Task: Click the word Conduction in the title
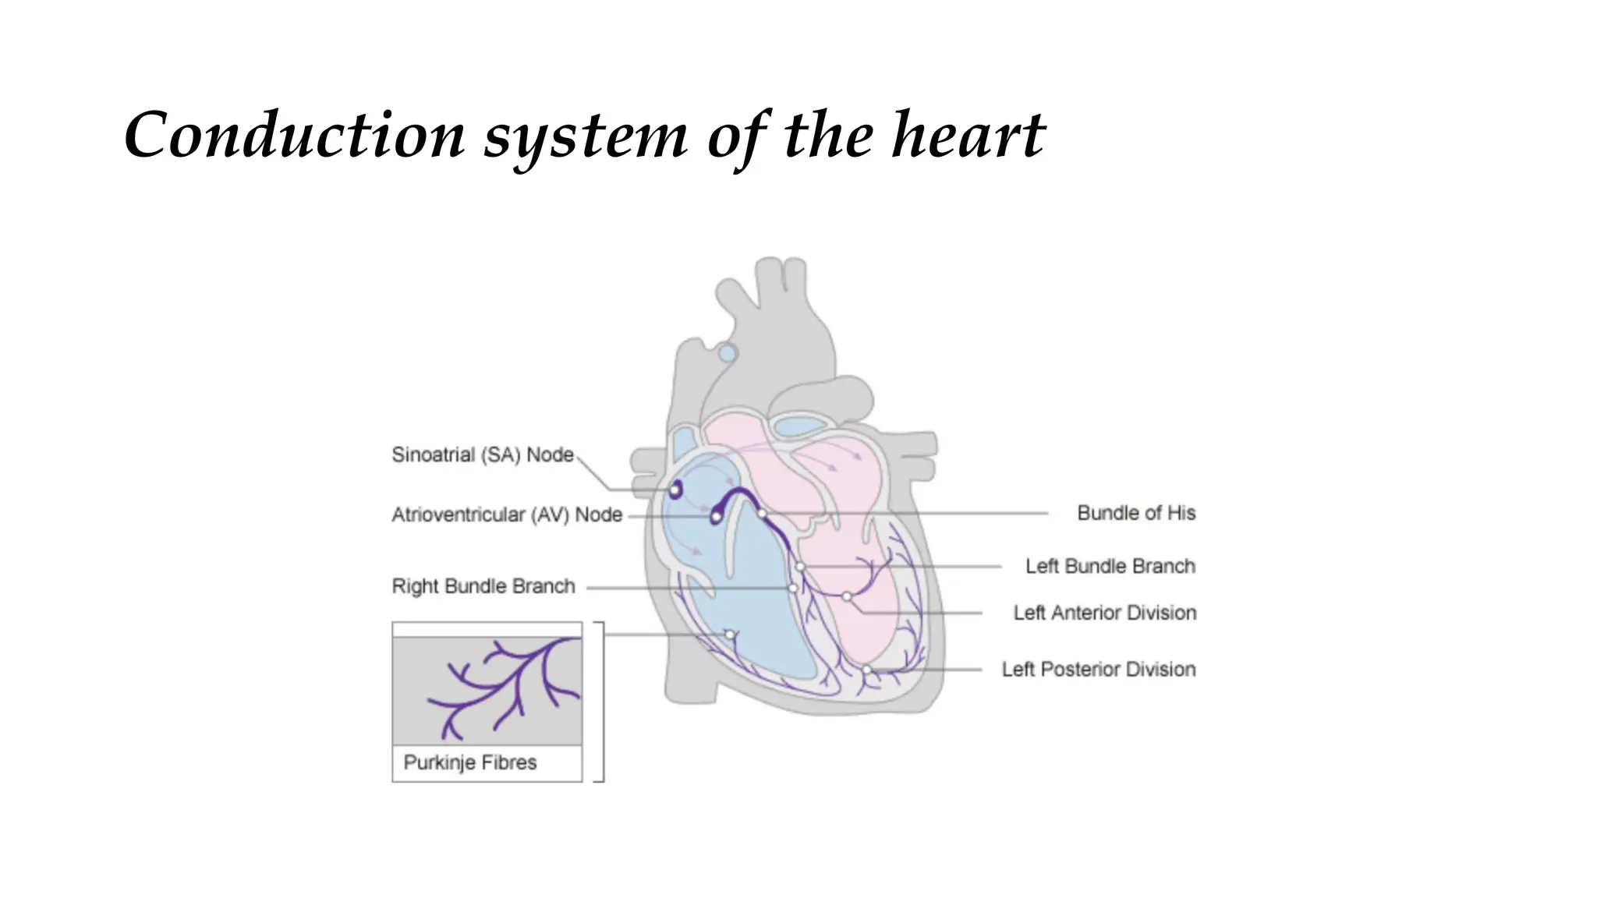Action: point(295,136)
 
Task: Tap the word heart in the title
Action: point(968,136)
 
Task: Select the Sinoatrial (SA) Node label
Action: point(483,454)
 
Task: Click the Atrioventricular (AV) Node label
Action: point(507,514)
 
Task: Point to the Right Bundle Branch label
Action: point(483,586)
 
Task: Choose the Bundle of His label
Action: point(1136,513)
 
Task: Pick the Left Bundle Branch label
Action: point(1110,566)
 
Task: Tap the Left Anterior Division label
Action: point(1104,613)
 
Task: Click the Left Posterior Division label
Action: point(1098,669)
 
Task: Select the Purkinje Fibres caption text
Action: point(470,762)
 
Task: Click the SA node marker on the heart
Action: point(675,490)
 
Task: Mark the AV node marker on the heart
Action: point(716,516)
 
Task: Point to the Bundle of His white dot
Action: point(761,513)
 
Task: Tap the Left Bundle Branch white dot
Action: point(800,567)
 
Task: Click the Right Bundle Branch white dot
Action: point(793,588)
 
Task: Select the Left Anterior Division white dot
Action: point(847,596)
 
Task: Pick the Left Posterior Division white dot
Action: point(866,670)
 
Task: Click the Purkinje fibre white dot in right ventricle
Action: point(730,635)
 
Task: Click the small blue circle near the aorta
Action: point(727,353)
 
